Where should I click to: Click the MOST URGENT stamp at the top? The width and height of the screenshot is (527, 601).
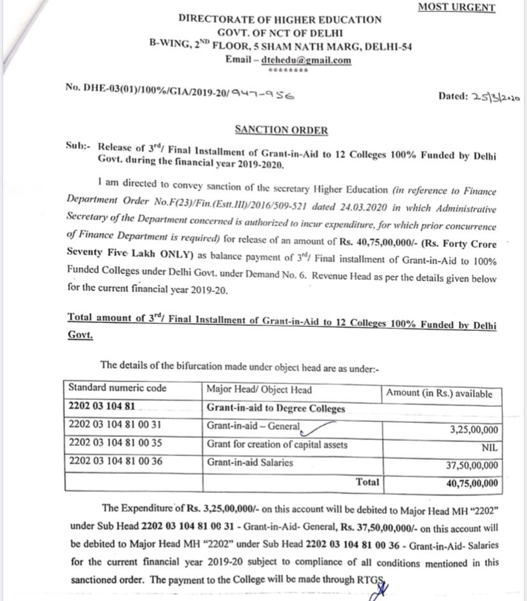click(x=456, y=8)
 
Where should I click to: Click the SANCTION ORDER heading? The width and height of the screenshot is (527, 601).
click(x=281, y=130)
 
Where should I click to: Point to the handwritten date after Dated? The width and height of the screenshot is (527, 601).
click(x=496, y=97)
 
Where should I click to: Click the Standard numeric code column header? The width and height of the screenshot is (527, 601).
click(x=117, y=388)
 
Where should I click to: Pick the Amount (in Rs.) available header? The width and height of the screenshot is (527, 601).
click(x=439, y=393)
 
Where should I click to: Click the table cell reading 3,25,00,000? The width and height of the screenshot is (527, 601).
click(x=474, y=430)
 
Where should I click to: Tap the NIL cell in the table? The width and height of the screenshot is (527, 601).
click(x=489, y=448)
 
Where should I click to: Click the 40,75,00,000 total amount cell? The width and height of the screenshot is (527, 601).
click(x=472, y=483)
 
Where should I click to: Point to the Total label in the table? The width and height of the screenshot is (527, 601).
click(x=367, y=482)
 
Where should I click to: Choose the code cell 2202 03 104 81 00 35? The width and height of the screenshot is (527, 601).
click(x=115, y=444)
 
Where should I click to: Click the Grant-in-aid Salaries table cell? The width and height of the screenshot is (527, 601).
click(x=249, y=462)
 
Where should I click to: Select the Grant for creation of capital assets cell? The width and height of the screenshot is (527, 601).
click(x=277, y=444)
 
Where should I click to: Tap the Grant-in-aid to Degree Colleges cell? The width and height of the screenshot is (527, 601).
click(x=276, y=408)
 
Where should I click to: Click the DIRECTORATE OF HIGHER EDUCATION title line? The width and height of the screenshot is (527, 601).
click(x=280, y=19)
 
